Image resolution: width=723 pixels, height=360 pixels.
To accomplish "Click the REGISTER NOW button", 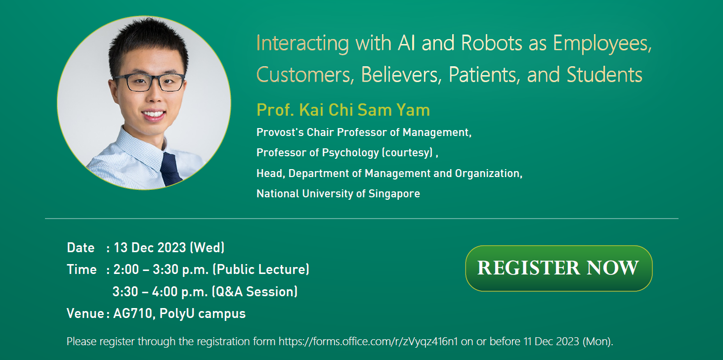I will click(558, 268).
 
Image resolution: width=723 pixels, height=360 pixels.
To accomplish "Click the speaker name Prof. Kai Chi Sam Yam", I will click(343, 110).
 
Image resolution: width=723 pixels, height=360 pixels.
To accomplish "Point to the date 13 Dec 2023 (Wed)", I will click(169, 247).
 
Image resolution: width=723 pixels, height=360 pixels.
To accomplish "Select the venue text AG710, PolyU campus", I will click(179, 314).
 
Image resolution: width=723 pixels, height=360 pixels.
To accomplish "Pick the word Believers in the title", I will click(401, 75).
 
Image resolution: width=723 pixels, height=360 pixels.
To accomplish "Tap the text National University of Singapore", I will click(338, 194).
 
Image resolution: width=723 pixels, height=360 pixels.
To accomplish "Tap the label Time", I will click(82, 270).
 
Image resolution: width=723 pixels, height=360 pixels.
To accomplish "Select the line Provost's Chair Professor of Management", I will click(364, 133).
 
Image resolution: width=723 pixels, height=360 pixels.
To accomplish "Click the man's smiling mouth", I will click(153, 114).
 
